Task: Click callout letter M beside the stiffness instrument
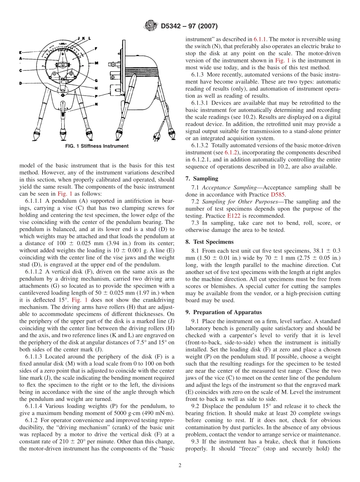[97, 63]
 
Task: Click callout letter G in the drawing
[97, 80]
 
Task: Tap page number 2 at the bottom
[180, 465]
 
